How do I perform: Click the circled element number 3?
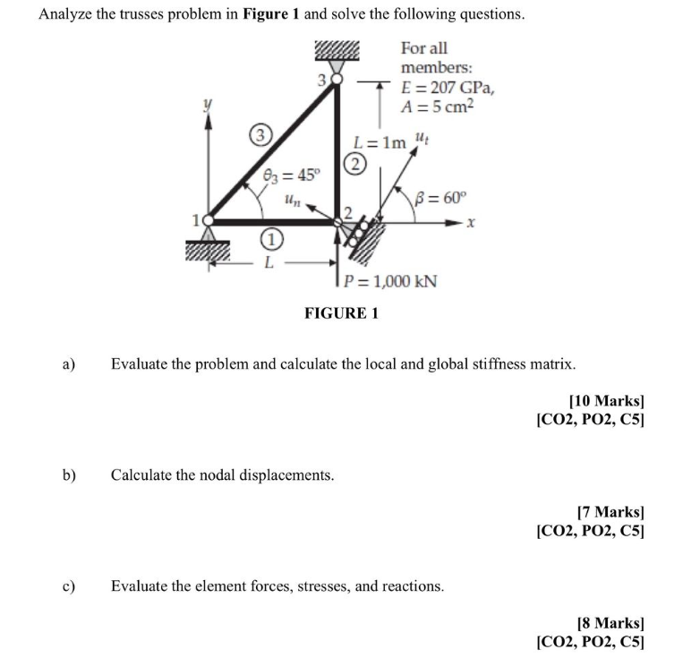tap(260, 135)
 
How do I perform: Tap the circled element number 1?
tap(267, 239)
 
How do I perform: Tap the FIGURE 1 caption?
tap(342, 313)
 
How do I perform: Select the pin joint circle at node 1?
tap(209, 219)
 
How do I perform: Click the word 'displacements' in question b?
tap(286, 474)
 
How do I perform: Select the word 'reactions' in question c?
tap(412, 586)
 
